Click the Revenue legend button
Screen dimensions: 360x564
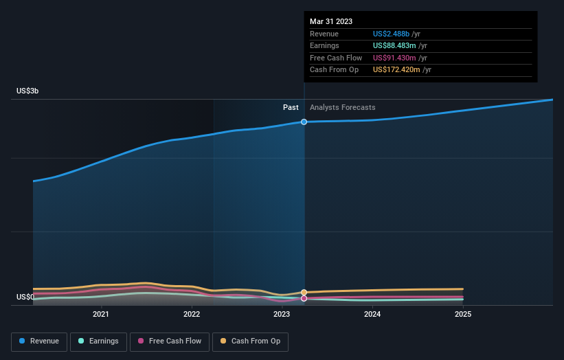tap(39, 341)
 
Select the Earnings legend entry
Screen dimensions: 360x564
tap(98, 341)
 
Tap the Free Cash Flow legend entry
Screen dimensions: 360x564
tap(170, 341)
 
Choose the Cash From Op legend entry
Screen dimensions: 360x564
tap(251, 341)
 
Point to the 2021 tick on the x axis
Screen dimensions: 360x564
tap(101, 315)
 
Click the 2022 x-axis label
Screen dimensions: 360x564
tap(192, 315)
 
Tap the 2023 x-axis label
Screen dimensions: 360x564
tap(282, 315)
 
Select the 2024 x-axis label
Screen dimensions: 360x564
tap(372, 315)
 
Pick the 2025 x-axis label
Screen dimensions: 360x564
tap(463, 315)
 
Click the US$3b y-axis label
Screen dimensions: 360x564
tap(28, 91)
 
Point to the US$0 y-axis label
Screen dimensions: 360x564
tap(25, 297)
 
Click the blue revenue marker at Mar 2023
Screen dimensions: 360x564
tap(304, 122)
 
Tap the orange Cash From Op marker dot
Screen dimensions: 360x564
tap(304, 292)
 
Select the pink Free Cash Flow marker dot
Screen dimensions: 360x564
tap(304, 298)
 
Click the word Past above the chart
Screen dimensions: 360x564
tap(291, 107)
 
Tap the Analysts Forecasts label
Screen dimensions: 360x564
tap(343, 107)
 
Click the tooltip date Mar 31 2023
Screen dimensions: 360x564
tap(331, 21)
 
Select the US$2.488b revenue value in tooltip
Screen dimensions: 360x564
tap(392, 34)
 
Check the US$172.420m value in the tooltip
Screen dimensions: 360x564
tap(397, 69)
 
